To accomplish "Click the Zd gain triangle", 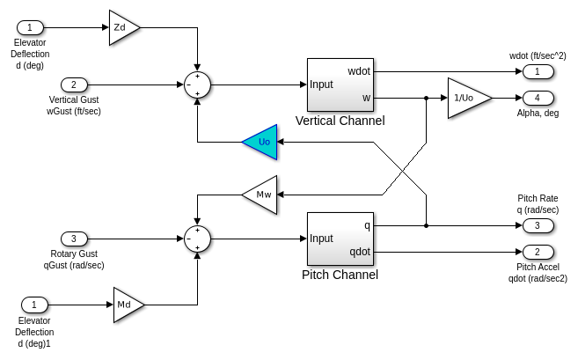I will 122,27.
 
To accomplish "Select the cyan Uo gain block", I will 261,142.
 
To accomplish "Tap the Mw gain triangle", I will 261,194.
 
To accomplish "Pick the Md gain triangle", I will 127,305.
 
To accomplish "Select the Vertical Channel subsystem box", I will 340,84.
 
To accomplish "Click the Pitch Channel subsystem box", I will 340,238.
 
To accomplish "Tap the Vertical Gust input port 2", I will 75,84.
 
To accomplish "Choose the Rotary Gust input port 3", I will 75,239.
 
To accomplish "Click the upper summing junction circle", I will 198,84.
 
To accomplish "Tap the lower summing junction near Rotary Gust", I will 198,239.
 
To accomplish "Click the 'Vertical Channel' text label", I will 340,121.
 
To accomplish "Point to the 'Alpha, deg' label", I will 538,113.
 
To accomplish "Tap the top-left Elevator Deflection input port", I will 29,27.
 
